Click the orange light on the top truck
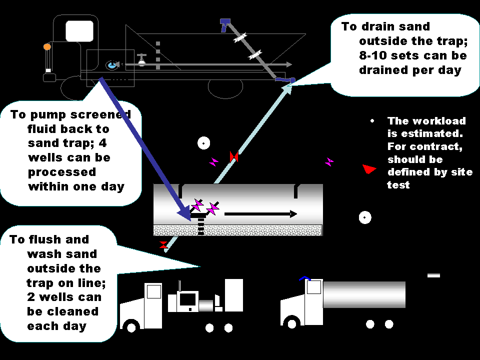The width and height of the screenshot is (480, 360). [x=47, y=47]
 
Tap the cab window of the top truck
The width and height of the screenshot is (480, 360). [x=79, y=31]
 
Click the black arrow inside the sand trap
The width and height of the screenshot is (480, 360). [x=260, y=214]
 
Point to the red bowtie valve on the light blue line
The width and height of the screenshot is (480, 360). [x=233, y=157]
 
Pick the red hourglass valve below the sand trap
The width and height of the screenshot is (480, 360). [x=163, y=245]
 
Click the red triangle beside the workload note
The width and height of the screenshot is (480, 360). [x=369, y=169]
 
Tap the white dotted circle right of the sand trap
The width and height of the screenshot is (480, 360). [x=365, y=217]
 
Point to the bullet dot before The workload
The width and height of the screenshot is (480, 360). [x=372, y=121]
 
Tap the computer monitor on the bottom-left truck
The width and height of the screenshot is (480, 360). [x=188, y=299]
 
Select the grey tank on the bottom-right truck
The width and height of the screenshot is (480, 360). [x=364, y=294]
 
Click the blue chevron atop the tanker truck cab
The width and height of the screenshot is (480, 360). [x=305, y=278]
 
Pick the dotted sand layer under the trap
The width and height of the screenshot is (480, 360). [x=237, y=230]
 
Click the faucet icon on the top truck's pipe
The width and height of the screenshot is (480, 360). [x=142, y=59]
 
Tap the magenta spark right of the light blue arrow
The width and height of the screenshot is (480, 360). [x=329, y=161]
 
